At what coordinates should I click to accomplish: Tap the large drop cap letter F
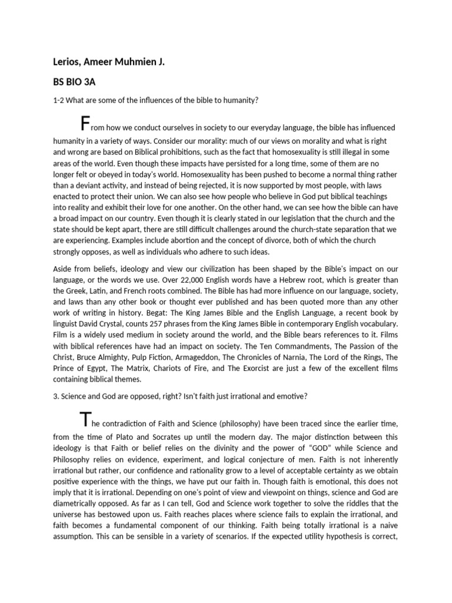coord(86,124)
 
